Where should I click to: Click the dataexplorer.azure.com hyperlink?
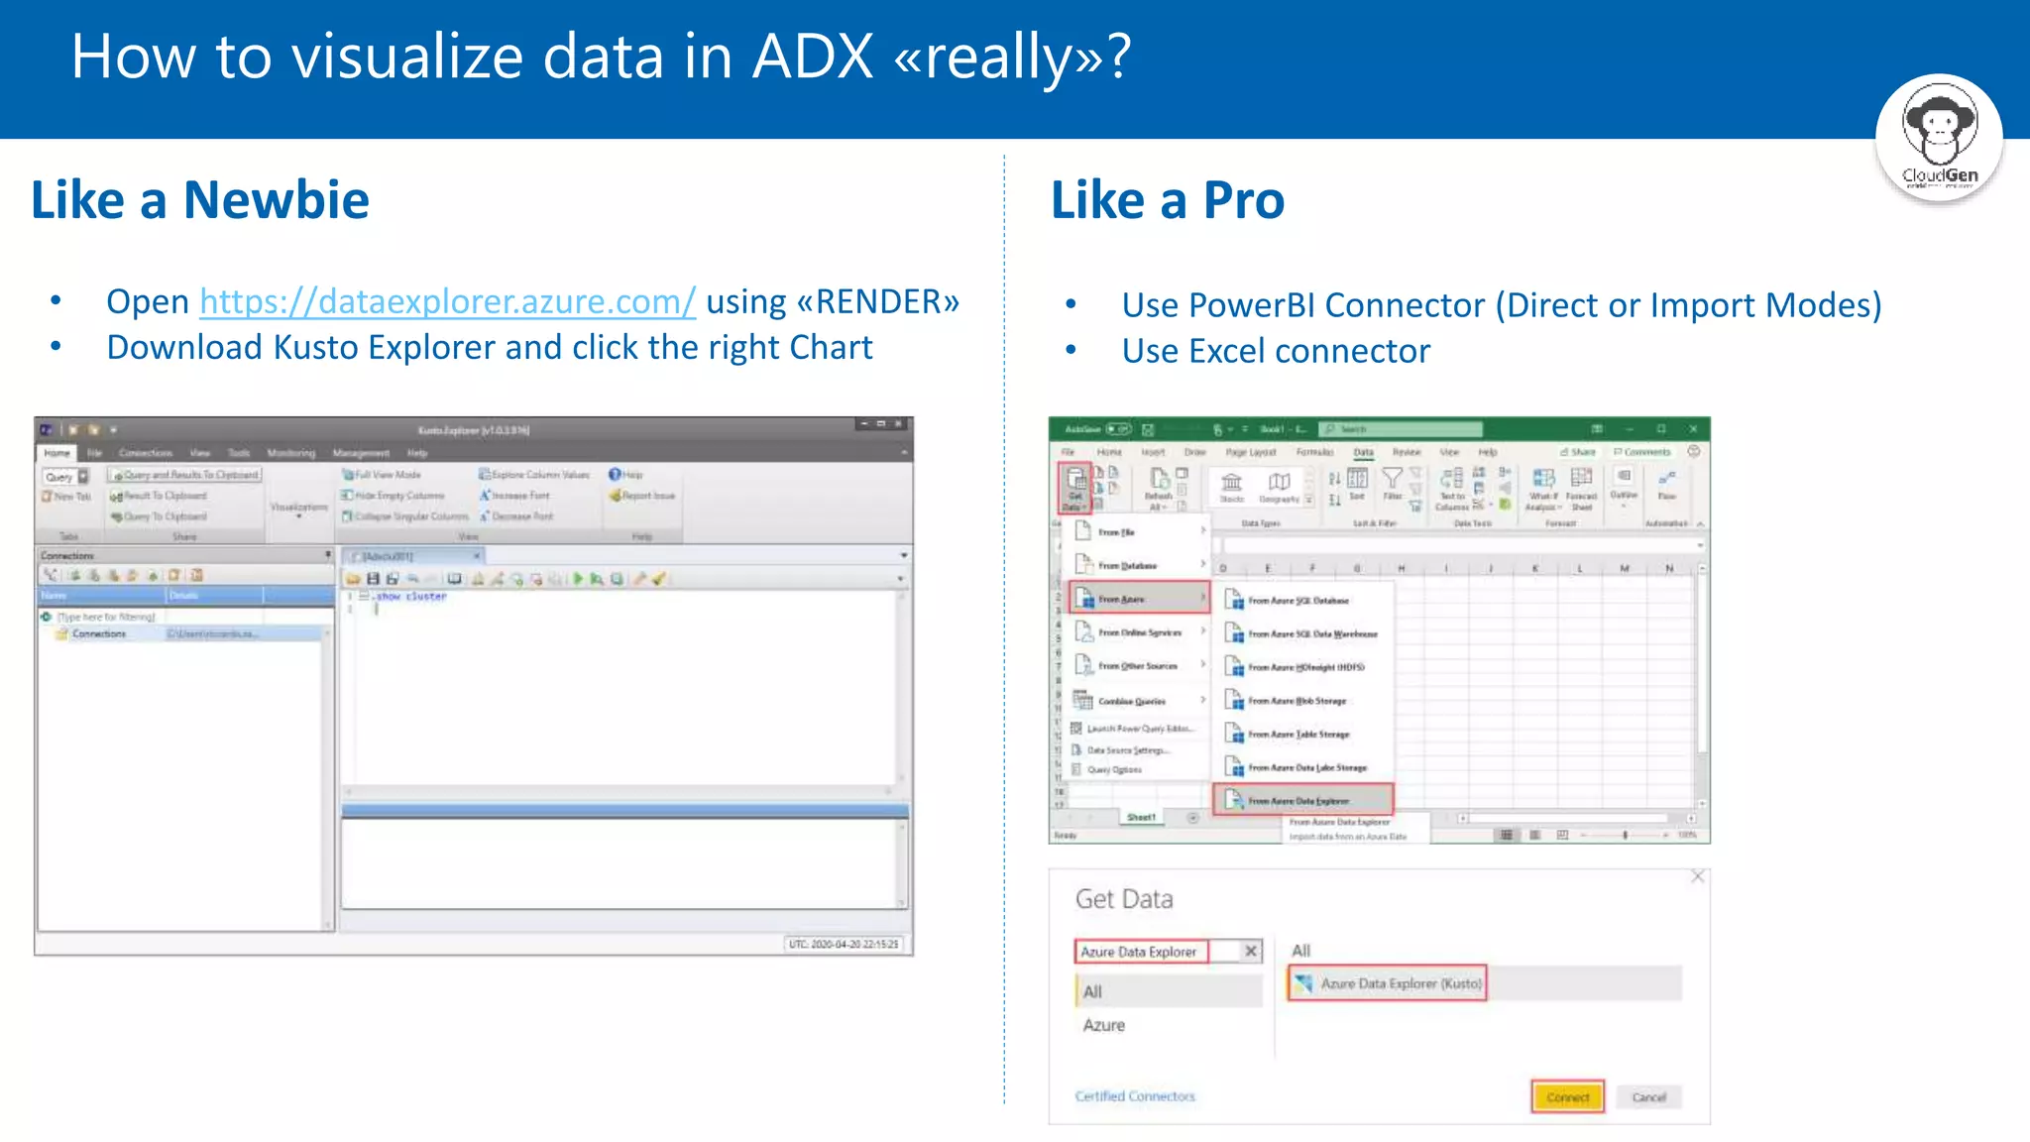coord(447,301)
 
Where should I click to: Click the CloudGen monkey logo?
coord(1939,138)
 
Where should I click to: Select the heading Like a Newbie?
coord(200,200)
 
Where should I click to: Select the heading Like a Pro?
coord(1168,200)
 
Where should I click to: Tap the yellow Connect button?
coord(1567,1097)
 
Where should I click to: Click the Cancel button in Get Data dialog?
coord(1649,1097)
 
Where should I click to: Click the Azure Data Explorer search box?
coord(1140,952)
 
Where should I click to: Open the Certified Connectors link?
coord(1135,1096)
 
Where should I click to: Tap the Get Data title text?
coord(1124,899)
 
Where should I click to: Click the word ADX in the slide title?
coord(813,57)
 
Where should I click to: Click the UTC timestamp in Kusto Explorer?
coord(844,944)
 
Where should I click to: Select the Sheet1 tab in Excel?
coord(1141,817)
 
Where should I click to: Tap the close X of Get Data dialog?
coord(1698,876)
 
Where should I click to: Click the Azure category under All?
coord(1104,1025)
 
